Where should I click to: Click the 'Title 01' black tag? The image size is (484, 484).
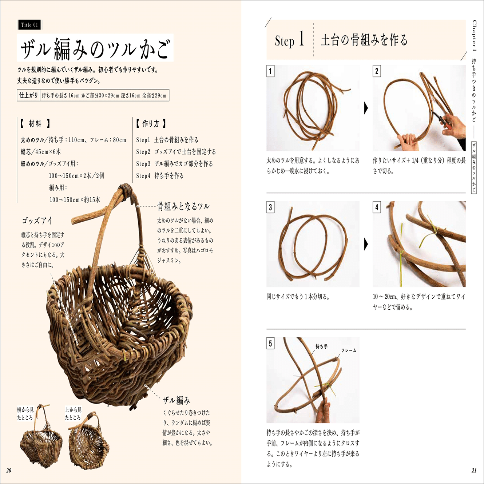[x=29, y=25]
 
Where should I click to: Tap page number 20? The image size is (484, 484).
[x=9, y=470]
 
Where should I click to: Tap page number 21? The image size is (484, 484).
[x=474, y=470]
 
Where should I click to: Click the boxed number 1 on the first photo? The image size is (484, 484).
[x=270, y=71]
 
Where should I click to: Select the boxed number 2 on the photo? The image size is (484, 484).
[x=377, y=71]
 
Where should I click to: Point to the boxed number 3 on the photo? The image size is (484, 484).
[x=270, y=207]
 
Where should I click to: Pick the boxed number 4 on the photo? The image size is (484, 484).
[x=377, y=207]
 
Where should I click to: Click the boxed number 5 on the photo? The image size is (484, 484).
[x=270, y=344]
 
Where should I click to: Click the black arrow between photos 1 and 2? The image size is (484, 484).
[x=366, y=108]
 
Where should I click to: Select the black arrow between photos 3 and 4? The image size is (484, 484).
[x=366, y=244]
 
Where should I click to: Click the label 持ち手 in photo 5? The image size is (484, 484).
[x=321, y=346]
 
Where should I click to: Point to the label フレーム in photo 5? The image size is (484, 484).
[x=348, y=350]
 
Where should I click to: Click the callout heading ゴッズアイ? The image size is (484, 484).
[x=37, y=221]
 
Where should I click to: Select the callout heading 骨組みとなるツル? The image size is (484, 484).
[x=183, y=206]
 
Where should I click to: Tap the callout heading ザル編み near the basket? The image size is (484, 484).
[x=176, y=400]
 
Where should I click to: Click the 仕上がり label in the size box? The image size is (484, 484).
[x=28, y=95]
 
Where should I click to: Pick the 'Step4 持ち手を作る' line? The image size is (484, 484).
[x=160, y=176]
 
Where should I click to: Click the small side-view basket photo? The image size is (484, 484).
[x=40, y=440]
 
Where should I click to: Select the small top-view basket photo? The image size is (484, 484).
[x=88, y=440]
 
